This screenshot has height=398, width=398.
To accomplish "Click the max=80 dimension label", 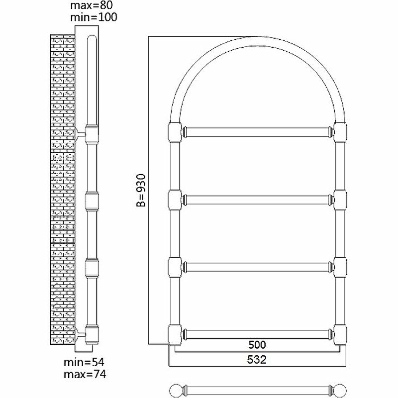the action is click(x=92, y=5).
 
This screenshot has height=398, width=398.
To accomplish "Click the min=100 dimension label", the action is click(x=94, y=17).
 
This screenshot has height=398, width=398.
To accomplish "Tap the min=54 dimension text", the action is click(x=84, y=362).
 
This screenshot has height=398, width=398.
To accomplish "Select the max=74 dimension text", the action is click(x=85, y=375).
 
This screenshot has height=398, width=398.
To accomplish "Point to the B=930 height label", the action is click(x=141, y=191).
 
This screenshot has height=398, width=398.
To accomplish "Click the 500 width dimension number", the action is click(x=257, y=345).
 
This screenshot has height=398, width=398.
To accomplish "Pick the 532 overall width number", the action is click(x=257, y=360).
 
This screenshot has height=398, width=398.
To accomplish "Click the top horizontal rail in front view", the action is click(x=258, y=132).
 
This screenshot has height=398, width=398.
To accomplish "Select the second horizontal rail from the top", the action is click(x=258, y=200).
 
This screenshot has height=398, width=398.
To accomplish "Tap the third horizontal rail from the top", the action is click(x=258, y=267).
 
